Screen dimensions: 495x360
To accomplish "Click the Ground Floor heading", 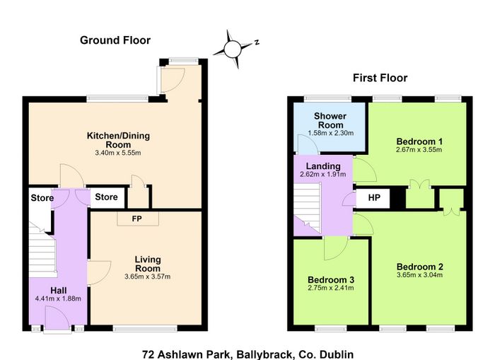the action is pos(115,40).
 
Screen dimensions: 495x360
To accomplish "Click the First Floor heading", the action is pos(380,78).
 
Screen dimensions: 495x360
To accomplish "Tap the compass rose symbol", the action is pos(234,49).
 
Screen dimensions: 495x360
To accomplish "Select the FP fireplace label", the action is pos(137,219).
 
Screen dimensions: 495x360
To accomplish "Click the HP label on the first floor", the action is pos(374,198).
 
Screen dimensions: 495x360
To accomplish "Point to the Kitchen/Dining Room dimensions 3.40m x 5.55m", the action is pos(118,153).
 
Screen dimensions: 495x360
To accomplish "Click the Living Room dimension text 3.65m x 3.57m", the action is pos(147,277).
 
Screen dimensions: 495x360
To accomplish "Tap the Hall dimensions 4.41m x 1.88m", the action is pos(59,298).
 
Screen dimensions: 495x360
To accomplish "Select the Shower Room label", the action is pos(330,120).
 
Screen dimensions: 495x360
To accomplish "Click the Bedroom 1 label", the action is pos(419,141).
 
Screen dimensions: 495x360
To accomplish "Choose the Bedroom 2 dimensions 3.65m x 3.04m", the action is pos(419,274).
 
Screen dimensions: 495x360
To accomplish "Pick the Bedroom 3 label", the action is pos(331,280).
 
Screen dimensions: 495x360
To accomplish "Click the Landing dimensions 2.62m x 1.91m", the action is pos(323,174).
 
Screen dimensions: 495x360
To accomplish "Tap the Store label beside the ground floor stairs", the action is pos(42,198).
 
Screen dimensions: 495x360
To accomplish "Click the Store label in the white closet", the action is pos(106,197).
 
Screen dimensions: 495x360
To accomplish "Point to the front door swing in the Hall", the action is pos(57,319).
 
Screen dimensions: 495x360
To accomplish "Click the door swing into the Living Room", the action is pos(99,273).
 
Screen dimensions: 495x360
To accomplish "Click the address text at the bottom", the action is pos(248,354).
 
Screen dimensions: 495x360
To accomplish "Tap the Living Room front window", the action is pos(145,329).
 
